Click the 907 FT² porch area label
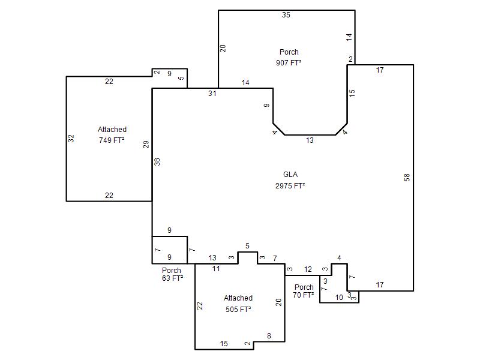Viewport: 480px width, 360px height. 289,63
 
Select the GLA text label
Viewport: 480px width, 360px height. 290,175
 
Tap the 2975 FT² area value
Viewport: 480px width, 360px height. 290,186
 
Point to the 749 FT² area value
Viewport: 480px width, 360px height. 112,140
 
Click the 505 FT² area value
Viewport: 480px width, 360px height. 238,310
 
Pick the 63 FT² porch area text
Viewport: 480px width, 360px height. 172,278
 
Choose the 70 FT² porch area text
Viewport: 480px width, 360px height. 303,295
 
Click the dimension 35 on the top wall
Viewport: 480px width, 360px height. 286,15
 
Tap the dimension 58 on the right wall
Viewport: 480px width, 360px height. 407,177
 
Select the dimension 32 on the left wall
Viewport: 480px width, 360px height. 71,139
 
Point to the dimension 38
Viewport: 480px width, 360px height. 157,161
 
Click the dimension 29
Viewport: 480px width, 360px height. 146,144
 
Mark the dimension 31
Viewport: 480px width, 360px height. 212,94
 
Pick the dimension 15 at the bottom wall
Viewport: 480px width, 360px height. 224,344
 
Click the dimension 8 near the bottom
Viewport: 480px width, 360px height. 269,336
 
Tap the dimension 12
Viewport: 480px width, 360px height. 308,269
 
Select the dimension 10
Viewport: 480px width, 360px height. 339,298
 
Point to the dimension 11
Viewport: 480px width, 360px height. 216,269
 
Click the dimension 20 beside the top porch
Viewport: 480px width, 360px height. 223,49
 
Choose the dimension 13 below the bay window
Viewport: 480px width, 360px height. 310,140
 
